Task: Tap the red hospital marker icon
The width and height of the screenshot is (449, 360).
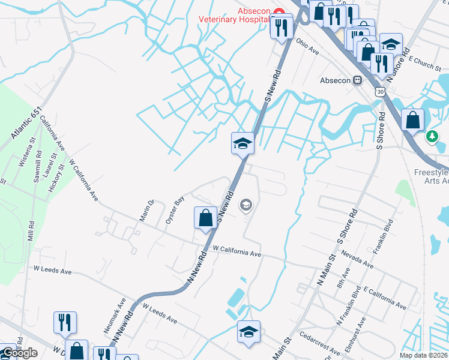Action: [279, 12]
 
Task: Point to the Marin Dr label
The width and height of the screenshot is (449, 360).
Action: [147, 211]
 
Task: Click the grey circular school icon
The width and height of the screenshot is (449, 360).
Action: [245, 206]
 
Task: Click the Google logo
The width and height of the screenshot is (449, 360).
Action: [20, 353]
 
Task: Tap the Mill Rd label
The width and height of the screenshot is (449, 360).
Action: [31, 229]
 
